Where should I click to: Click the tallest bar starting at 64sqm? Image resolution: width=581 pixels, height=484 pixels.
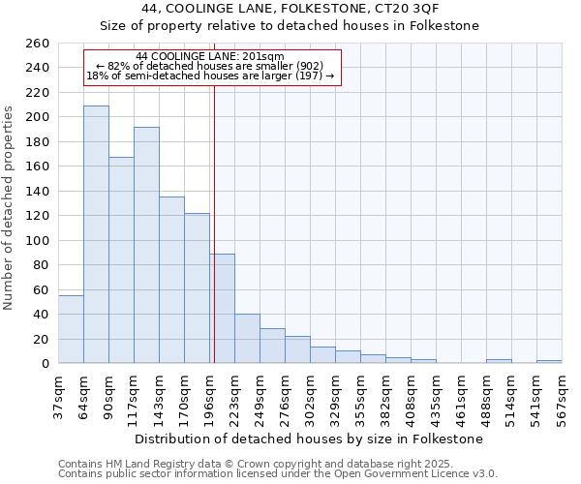96,234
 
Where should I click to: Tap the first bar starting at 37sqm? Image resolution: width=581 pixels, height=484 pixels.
71,329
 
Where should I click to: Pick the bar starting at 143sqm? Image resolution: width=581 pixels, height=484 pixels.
171,280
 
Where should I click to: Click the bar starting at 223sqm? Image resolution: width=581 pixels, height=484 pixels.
247,339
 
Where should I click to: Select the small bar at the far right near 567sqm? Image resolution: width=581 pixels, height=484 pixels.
549,361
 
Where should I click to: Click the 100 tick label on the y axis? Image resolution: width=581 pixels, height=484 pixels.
37,240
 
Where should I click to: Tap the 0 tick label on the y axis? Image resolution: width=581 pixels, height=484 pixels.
45,363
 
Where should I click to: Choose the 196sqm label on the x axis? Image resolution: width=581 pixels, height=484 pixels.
209,396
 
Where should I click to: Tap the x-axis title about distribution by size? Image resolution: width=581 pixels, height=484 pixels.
309,439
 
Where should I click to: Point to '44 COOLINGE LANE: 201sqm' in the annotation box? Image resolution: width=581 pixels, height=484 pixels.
210,56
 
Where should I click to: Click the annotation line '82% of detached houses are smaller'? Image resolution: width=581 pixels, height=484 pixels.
210,66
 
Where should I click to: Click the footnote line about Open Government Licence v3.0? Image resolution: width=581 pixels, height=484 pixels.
278,474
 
